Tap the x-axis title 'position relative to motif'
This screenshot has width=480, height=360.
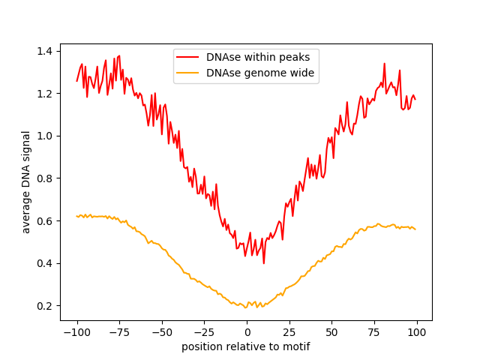(x=246, y=346)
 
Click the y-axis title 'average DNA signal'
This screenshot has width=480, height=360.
(x=26, y=182)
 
